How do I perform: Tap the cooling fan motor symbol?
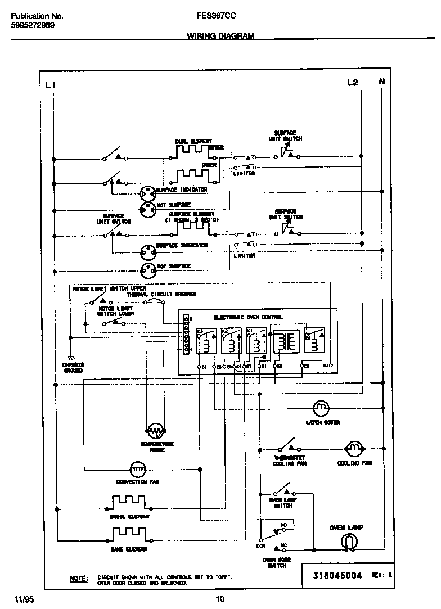coord(354,449)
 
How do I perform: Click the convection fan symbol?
coord(138,468)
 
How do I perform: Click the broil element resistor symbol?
coord(129,502)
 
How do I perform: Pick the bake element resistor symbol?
coord(129,533)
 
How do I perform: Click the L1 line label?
coord(51,85)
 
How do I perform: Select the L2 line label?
coord(352,83)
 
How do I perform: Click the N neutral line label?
coord(382,82)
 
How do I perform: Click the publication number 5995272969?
coord(33,25)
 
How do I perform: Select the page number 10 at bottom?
coord(220,599)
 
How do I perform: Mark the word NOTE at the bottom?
coord(79,578)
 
